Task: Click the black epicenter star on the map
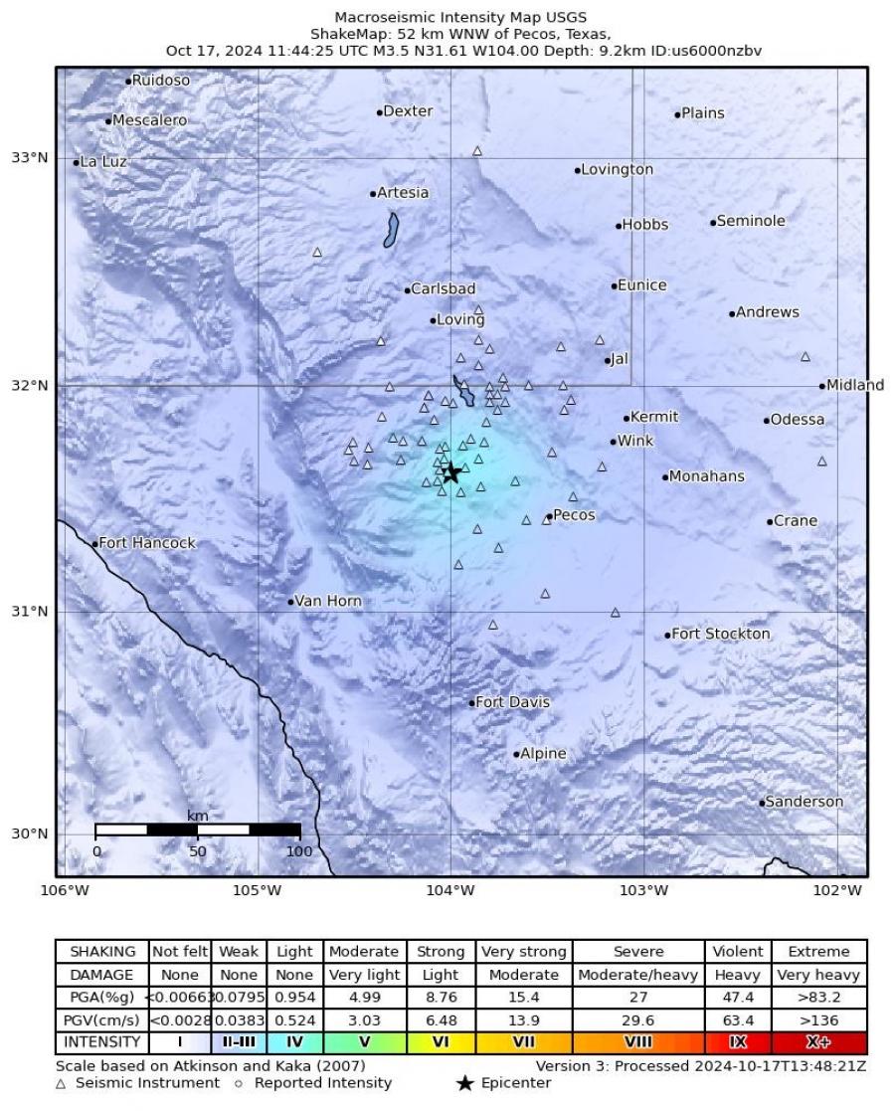click(x=451, y=473)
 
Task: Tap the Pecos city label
click(x=574, y=515)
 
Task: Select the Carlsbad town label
click(x=443, y=288)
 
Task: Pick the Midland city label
click(x=855, y=385)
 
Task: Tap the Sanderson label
click(x=805, y=802)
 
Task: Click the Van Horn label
click(x=328, y=601)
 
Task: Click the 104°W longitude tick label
click(x=450, y=889)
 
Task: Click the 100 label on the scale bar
click(x=299, y=851)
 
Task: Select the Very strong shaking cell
click(x=523, y=952)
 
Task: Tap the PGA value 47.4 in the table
click(x=737, y=997)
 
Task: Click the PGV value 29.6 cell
click(x=638, y=1019)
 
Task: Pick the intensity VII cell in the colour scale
click(x=523, y=1042)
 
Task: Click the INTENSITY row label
click(x=102, y=1042)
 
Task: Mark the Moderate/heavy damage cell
click(x=638, y=975)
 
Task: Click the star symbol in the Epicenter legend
click(x=464, y=1083)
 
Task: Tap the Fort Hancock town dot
click(x=95, y=544)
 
